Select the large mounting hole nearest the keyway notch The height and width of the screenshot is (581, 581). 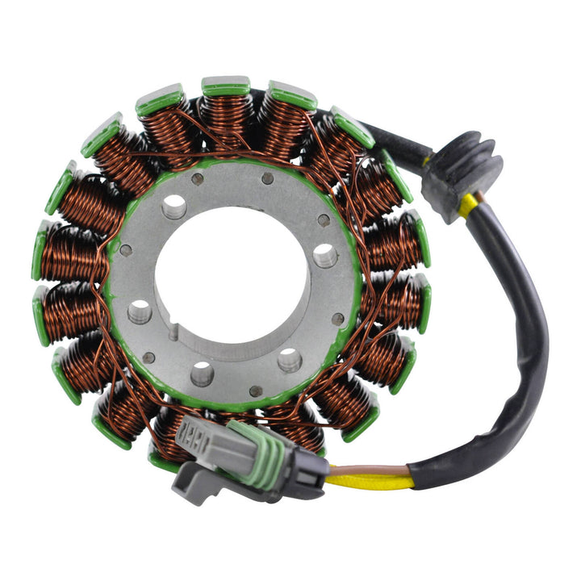140,311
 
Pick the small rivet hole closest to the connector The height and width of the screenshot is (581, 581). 256,391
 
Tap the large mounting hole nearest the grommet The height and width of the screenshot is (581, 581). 324,256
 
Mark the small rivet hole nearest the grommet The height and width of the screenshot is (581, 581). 324,220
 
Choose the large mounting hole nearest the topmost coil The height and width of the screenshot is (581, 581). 173,207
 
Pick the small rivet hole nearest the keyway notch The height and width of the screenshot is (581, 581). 148,357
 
